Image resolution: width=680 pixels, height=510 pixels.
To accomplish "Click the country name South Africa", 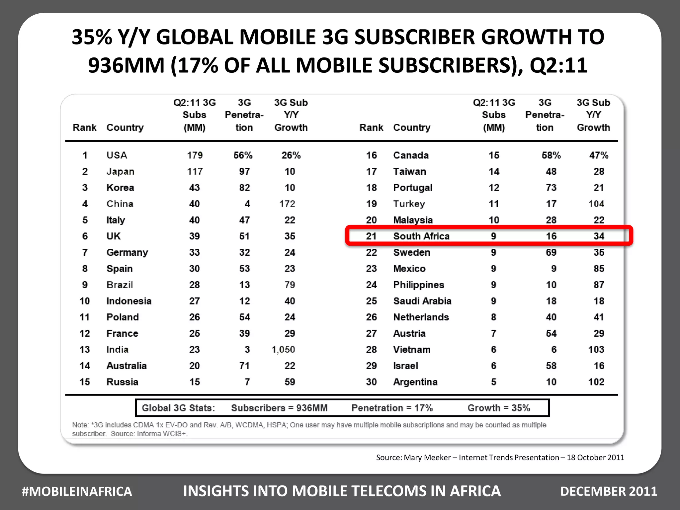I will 421,236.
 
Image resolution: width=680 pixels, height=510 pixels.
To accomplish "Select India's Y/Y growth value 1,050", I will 283,350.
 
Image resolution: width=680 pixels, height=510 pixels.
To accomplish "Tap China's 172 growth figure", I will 287,204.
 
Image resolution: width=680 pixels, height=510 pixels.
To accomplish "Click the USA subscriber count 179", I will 195,155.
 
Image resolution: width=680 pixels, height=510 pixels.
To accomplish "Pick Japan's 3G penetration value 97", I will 244,172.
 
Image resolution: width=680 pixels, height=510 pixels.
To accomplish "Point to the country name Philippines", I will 418,285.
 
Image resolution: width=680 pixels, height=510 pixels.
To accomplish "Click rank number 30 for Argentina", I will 371,382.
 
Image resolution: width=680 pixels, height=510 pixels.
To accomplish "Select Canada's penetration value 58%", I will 551,155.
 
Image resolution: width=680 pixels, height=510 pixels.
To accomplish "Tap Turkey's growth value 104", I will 596,204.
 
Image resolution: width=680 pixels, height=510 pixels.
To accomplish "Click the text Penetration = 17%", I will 392,408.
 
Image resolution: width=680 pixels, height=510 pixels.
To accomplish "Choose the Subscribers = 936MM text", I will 279,408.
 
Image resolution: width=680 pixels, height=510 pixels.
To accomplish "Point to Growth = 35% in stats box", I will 499,408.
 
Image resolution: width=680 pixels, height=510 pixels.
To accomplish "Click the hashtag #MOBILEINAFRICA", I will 77,491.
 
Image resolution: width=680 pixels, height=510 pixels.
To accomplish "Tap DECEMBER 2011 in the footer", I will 609,491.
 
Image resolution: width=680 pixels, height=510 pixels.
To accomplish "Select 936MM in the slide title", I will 126,65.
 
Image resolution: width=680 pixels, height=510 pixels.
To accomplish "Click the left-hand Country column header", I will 125,127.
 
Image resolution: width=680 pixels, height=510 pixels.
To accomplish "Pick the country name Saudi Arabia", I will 422,301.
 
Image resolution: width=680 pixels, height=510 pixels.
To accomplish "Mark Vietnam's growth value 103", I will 596,350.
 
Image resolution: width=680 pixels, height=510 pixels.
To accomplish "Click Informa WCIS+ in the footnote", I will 162,434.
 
